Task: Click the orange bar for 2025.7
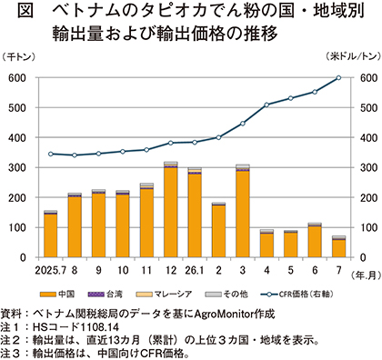point(51,235)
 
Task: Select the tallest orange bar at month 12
point(171,213)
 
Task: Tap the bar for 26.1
point(195,215)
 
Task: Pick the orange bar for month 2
point(218,232)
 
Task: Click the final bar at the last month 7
point(338,248)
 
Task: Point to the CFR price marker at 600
point(338,78)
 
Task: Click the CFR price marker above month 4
point(266,105)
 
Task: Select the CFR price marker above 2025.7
point(51,154)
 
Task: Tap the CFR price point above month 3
point(243,124)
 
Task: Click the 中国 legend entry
point(57,294)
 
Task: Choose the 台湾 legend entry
point(105,294)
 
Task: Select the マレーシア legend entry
point(164,294)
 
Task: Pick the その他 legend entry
point(226,294)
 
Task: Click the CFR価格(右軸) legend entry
point(297,294)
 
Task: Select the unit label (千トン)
point(18,56)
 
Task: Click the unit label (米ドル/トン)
point(353,56)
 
